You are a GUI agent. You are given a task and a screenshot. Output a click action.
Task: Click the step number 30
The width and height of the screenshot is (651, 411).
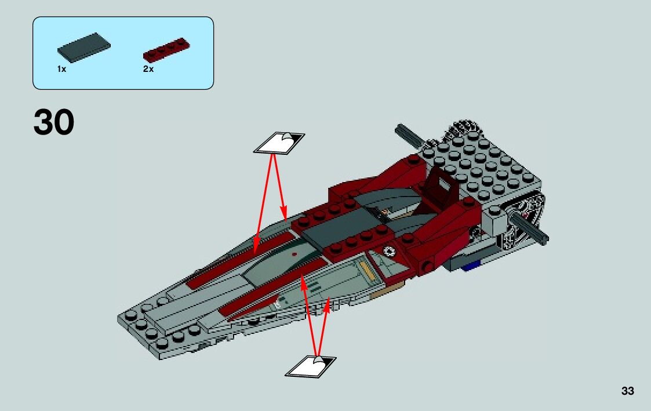(x=54, y=123)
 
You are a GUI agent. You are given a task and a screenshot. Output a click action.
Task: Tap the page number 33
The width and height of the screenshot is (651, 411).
(x=627, y=391)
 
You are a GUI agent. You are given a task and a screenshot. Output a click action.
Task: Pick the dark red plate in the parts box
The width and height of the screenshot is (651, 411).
(x=166, y=50)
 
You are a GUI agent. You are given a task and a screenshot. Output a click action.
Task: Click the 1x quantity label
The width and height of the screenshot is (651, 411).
(x=61, y=69)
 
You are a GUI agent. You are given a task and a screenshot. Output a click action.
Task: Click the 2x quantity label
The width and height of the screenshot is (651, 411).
(x=148, y=69)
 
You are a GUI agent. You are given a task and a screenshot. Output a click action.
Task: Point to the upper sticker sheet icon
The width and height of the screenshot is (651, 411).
(x=279, y=143)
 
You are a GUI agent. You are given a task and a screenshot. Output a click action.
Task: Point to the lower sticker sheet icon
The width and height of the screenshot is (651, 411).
(x=311, y=366)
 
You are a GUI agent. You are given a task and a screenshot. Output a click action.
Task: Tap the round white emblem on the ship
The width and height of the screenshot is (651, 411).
(x=390, y=250)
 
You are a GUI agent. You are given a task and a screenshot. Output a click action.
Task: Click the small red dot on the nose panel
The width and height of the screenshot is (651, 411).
(x=295, y=254)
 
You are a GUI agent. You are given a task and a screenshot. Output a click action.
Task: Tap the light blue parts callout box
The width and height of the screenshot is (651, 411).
(x=123, y=53)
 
